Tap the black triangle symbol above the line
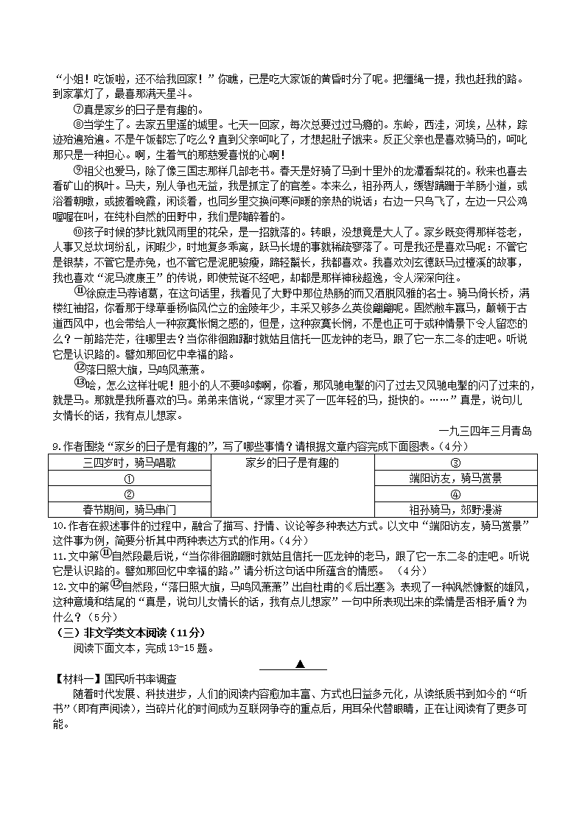click(301, 664)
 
